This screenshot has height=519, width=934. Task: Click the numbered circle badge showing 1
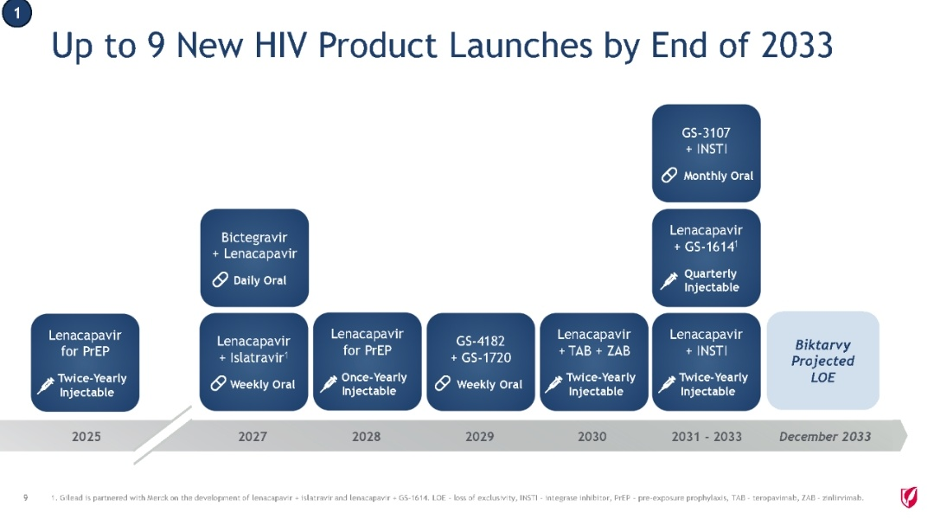pos(16,13)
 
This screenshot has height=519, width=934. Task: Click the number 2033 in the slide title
pos(796,45)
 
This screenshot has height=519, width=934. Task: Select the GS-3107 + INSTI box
pos(706,153)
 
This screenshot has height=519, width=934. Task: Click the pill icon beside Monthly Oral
pos(669,176)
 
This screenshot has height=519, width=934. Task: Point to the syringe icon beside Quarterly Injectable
pos(669,280)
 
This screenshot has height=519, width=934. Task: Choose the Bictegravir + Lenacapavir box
pos(254,258)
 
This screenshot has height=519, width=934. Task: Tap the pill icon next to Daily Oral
pos(220,279)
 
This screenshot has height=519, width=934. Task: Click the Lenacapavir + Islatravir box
pos(253,362)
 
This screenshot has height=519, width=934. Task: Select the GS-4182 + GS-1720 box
pos(481,362)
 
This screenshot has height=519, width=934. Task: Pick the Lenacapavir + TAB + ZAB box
pos(594,362)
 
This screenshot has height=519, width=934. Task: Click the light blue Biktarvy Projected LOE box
pos(822,361)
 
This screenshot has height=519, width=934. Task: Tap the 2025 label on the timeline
pos(86,437)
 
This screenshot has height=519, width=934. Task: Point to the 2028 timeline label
pos(367,437)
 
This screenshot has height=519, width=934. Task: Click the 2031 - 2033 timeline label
pos(707,437)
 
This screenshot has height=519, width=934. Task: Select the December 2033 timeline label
pos(825,437)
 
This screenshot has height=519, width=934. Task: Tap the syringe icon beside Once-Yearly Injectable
pos(329,384)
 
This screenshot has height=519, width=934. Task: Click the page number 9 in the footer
pos(25,497)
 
